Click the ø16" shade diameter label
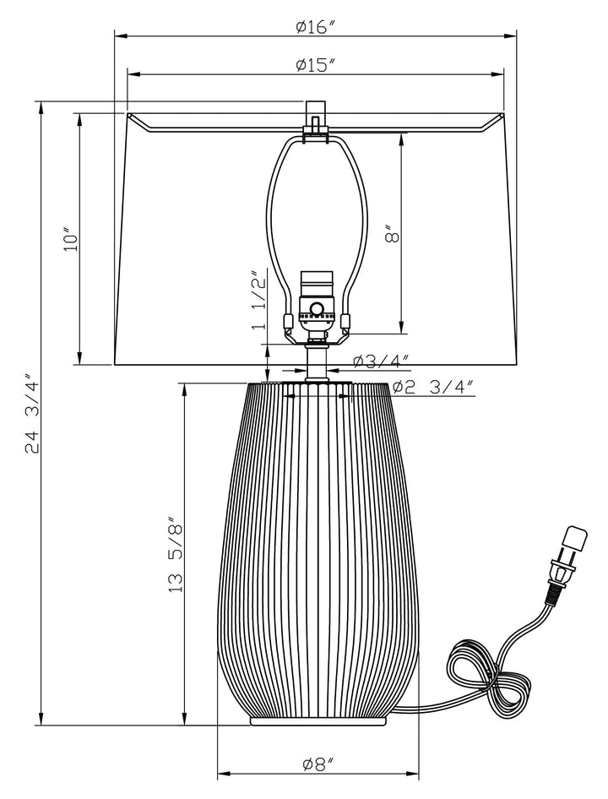(317, 27)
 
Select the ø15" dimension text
(317, 66)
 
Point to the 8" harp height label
(391, 234)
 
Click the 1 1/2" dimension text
(259, 300)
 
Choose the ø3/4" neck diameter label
(382, 361)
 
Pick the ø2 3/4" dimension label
(432, 388)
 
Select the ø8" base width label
(318, 764)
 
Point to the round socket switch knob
(318, 309)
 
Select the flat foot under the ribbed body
(318, 720)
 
